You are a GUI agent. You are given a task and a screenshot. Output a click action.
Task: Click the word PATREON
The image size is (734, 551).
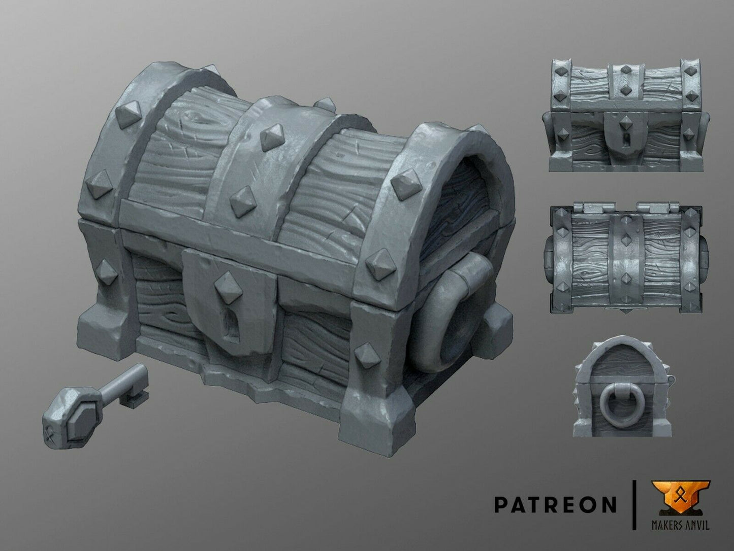[555, 504]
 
